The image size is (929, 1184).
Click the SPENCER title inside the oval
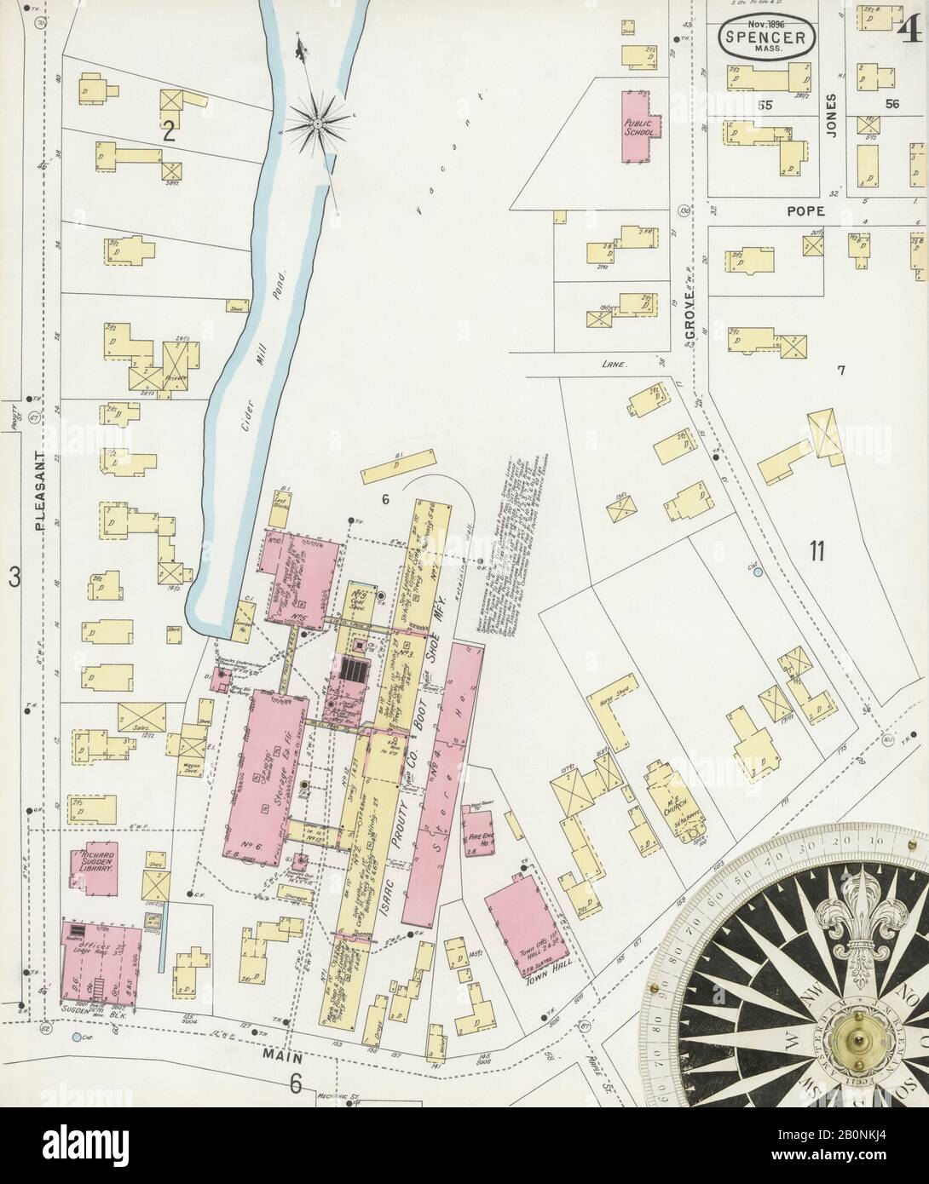click(764, 37)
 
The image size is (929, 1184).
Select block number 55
click(765, 105)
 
